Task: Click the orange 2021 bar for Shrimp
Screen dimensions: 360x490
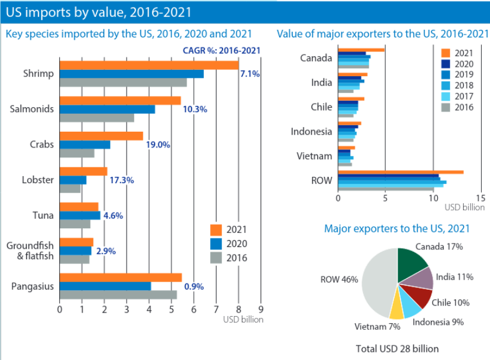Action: tap(149, 64)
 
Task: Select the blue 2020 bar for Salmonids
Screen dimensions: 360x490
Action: tap(107, 109)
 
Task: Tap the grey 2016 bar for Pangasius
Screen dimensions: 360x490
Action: tap(118, 295)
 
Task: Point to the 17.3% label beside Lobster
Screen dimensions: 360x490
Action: tap(122, 180)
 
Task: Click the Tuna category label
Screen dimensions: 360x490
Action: tap(43, 215)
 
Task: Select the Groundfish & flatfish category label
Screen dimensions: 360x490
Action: tap(30, 251)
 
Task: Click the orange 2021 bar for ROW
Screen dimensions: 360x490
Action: tap(400, 172)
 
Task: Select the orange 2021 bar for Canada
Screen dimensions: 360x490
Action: tap(361, 50)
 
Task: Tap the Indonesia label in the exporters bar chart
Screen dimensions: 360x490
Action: tap(311, 131)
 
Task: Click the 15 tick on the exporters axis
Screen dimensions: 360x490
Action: tap(481, 198)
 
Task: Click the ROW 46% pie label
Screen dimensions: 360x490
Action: tap(339, 279)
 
